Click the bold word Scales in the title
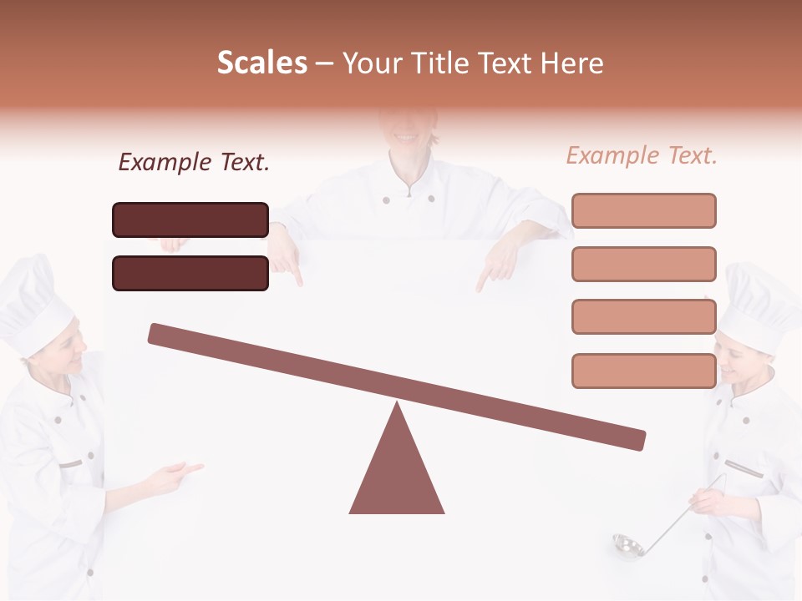coord(261,63)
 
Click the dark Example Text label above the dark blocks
coord(194,162)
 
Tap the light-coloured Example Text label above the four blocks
coord(642,155)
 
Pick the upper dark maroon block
coord(190,220)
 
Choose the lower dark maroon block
coord(190,273)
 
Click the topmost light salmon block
coord(643,210)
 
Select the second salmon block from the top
coord(643,264)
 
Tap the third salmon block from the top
coord(643,316)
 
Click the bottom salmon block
coord(643,371)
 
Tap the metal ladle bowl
coord(627,546)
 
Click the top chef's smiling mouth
coord(407,135)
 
